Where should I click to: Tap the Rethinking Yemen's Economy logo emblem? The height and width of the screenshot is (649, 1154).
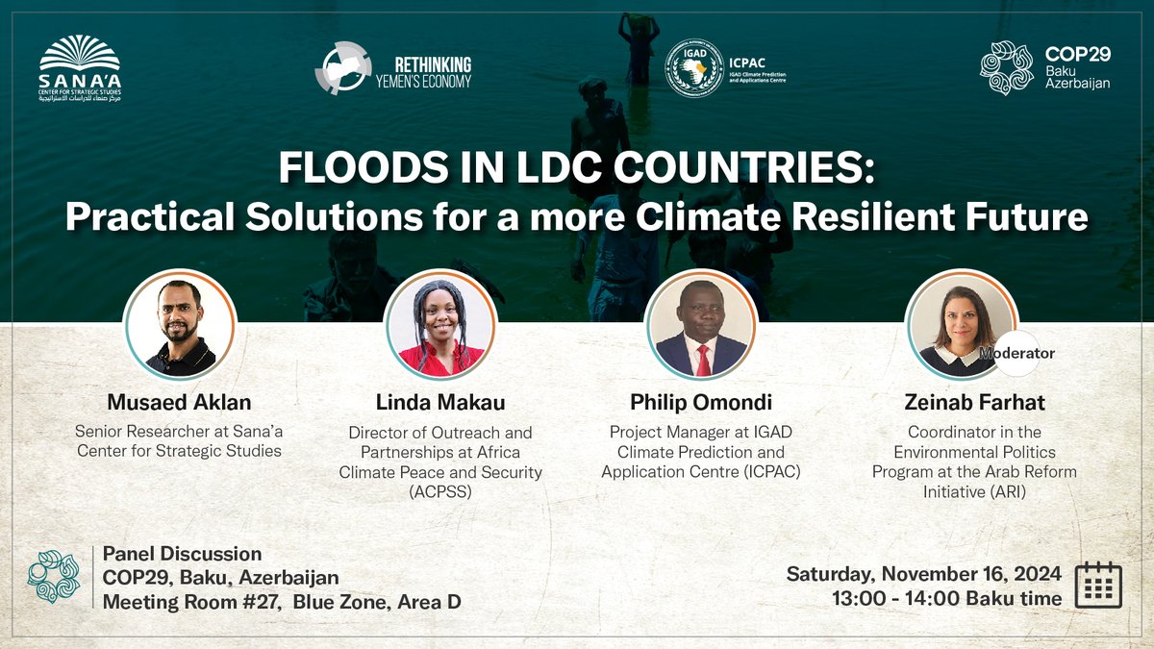tap(342, 67)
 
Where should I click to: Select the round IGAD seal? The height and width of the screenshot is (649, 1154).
tap(694, 67)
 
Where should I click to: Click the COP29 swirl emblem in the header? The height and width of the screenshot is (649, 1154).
tap(1007, 67)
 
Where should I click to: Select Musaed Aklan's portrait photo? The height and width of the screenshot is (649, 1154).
tap(180, 324)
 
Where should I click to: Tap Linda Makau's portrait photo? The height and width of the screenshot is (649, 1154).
tap(440, 324)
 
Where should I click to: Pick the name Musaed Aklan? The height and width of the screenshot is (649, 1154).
tap(180, 401)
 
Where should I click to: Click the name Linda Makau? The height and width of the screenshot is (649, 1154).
tap(440, 401)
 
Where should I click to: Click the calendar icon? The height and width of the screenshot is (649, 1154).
tap(1096, 584)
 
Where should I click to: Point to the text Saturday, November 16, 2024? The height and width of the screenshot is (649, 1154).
tap(924, 574)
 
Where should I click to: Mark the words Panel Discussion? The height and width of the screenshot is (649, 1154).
tap(182, 554)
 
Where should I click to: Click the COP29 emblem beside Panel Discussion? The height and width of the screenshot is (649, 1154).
tap(54, 576)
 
